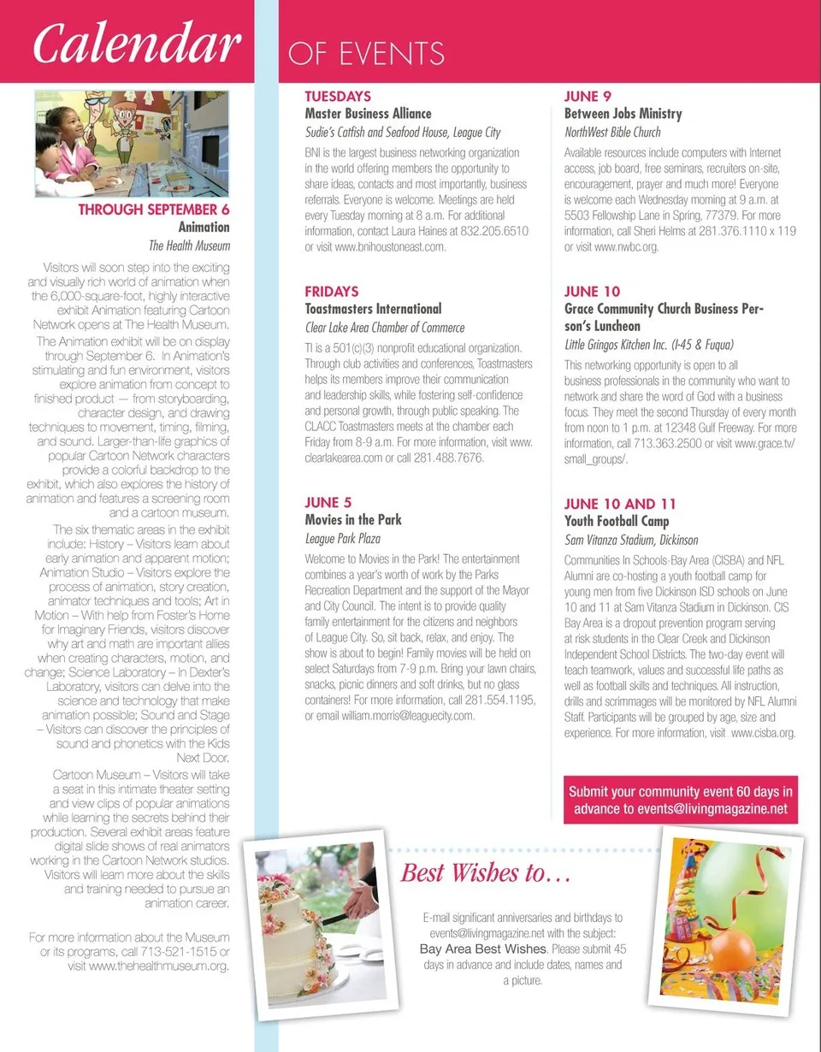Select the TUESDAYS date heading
(x=338, y=97)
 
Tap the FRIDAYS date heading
(x=332, y=292)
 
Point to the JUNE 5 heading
(x=328, y=503)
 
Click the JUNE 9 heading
(x=588, y=97)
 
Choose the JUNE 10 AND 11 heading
(x=620, y=503)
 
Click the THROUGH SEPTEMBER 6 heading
(x=154, y=210)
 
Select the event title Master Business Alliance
(x=369, y=114)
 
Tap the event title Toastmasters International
(x=373, y=309)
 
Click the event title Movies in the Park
(x=353, y=520)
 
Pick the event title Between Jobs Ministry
(x=623, y=114)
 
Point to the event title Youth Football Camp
(x=617, y=521)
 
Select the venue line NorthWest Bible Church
(x=612, y=133)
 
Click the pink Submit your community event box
(x=681, y=801)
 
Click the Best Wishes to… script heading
(x=486, y=874)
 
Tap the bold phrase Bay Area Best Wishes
(x=482, y=949)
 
